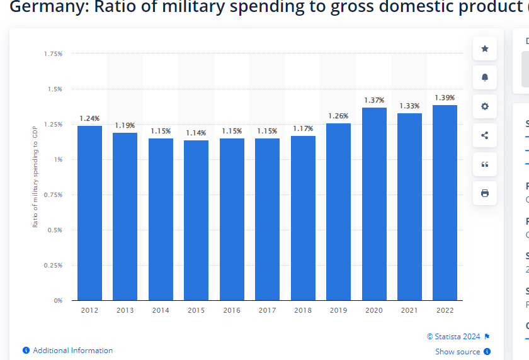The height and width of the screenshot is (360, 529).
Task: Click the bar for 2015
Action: click(196, 220)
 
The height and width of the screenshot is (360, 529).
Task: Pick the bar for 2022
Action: click(445, 202)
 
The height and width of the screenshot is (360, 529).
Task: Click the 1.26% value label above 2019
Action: click(338, 115)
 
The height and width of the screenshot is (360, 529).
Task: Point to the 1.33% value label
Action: click(409, 105)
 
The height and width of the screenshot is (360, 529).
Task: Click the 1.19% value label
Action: click(125, 125)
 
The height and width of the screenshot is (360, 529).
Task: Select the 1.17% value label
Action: click(303, 128)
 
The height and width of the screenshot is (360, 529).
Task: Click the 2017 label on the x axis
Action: click(267, 310)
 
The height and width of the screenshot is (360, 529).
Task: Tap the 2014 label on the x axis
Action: click(161, 310)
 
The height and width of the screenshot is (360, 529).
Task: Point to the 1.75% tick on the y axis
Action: click(53, 54)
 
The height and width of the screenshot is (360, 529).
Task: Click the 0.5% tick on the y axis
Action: click(55, 230)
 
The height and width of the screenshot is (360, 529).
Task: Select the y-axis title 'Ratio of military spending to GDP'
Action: click(35, 176)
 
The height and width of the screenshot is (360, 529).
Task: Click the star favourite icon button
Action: click(484, 48)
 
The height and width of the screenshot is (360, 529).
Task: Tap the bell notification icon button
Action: click(484, 77)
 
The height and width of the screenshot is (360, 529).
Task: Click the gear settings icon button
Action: click(484, 106)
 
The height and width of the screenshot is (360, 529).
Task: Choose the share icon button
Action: click(484, 135)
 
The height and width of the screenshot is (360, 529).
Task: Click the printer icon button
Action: click(484, 193)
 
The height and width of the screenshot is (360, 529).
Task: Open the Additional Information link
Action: click(72, 351)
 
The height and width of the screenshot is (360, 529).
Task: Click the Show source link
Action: click(458, 352)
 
